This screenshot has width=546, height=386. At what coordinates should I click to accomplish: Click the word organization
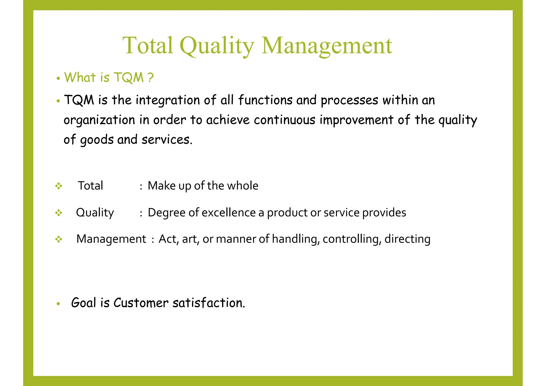[99, 120]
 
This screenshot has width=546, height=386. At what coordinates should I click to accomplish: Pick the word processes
[349, 101]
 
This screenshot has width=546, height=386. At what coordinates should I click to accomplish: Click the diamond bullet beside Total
[59, 186]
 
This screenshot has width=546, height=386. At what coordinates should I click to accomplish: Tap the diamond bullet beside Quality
[59, 213]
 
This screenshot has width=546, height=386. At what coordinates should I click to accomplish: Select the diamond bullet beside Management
[59, 239]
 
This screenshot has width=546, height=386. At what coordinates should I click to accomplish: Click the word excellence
[228, 213]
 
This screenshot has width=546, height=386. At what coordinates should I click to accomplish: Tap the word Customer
[141, 303]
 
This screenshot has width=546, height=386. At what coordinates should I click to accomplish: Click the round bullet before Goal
[58, 304]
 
